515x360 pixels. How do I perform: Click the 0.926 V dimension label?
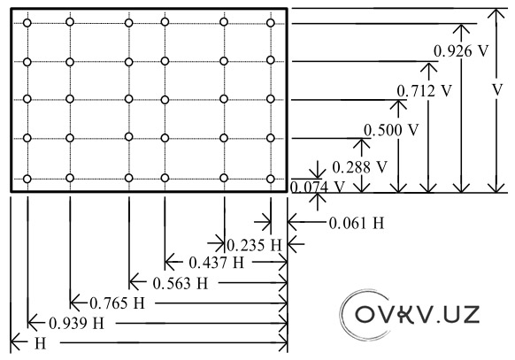click(x=461, y=51)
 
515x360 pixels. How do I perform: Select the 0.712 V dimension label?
click(x=425, y=90)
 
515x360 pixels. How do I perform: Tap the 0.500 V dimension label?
click(x=391, y=130)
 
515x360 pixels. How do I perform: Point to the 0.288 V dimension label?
click(x=359, y=167)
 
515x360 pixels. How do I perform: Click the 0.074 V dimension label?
click(x=318, y=188)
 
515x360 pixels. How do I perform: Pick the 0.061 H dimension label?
click(x=357, y=223)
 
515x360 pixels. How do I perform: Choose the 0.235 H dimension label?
click(x=255, y=245)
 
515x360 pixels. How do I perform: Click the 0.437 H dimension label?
click(x=217, y=263)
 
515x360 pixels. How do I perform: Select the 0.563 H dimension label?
click(x=181, y=283)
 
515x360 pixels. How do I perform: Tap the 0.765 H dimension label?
click(x=117, y=303)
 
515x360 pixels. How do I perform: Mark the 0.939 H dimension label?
click(x=76, y=323)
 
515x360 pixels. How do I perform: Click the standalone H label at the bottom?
click(x=40, y=344)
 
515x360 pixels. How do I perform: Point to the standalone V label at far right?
click(x=497, y=89)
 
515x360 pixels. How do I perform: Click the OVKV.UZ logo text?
click(x=417, y=314)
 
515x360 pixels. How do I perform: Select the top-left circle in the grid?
click(x=27, y=23)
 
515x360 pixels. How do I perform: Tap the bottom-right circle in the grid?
click(x=270, y=179)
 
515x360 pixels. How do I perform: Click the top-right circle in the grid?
click(x=270, y=23)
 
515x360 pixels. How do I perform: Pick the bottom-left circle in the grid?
click(x=27, y=179)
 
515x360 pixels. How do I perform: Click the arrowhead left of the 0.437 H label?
click(x=169, y=262)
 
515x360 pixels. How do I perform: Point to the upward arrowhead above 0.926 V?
click(x=461, y=29)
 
